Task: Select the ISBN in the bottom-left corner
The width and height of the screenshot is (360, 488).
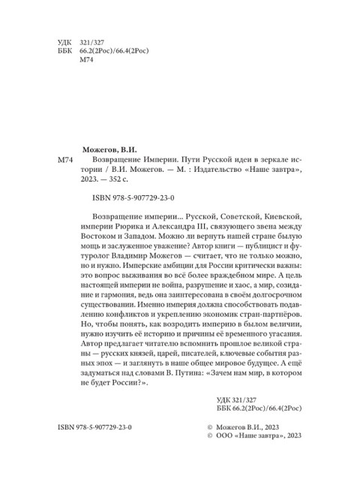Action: tap(94, 447)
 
